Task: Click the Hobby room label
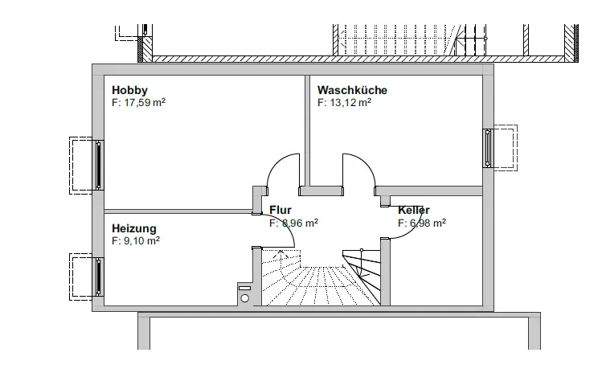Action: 130,90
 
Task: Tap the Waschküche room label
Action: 352,90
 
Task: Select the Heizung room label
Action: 134,228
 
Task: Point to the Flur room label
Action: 281,211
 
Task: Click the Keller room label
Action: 414,211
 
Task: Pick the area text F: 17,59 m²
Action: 139,103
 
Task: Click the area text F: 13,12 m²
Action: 344,103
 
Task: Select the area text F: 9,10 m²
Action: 136,240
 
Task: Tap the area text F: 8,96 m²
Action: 293,223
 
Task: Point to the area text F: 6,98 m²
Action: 422,223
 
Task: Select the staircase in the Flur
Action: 321,281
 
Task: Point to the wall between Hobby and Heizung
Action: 177,211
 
